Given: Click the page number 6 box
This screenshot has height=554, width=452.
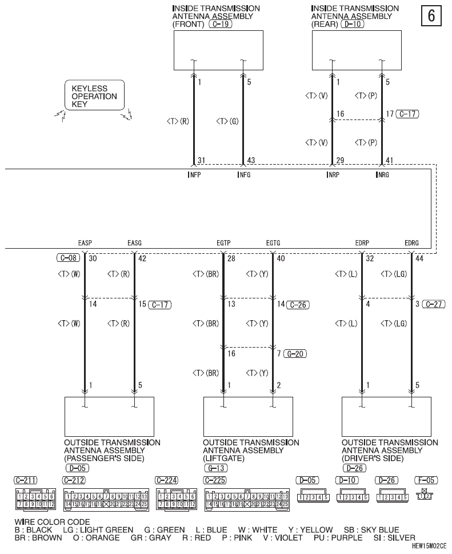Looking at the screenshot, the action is (x=431, y=16).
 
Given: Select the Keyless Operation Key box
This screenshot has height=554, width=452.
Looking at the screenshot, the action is (x=95, y=95).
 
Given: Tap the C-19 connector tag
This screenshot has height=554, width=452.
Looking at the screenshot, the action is (x=221, y=24).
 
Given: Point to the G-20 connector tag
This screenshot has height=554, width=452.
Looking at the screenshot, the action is (x=295, y=354).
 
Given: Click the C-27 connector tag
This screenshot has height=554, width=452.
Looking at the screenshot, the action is (x=434, y=304).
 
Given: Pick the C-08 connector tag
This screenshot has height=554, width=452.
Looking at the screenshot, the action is (x=69, y=258).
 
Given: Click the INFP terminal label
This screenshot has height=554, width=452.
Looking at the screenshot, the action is (x=195, y=174).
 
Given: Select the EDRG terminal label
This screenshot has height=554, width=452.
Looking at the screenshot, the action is (x=411, y=243).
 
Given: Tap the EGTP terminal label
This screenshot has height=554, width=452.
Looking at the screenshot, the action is (x=223, y=243).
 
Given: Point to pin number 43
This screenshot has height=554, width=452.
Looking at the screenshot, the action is (x=251, y=161).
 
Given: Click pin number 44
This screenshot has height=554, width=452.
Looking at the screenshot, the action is (x=419, y=258).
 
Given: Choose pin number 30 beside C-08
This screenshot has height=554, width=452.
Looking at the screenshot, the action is (x=93, y=258).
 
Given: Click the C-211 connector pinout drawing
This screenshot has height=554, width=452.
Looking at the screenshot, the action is (x=35, y=499).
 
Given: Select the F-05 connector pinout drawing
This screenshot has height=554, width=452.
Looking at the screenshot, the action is (x=425, y=495).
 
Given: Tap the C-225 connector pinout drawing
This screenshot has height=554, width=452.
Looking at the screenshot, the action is (x=247, y=500).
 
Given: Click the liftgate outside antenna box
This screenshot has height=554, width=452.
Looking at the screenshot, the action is (x=248, y=417).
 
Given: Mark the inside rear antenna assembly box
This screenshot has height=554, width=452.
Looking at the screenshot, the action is (x=357, y=50).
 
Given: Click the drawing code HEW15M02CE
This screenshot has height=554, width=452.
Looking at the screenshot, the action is (x=429, y=546).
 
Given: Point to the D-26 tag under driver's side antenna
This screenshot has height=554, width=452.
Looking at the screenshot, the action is (x=354, y=468).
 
